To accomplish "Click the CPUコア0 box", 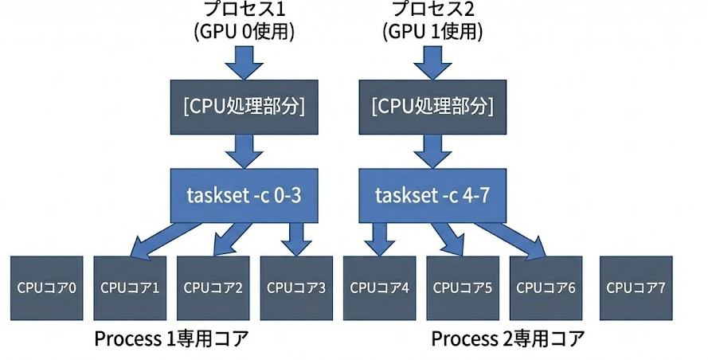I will click(47, 288).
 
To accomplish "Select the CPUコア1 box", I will click(130, 288).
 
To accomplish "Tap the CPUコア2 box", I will click(213, 288).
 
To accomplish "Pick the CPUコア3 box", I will click(296, 288).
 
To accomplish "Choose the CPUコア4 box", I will click(379, 288).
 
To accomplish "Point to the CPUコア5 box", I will click(462, 288).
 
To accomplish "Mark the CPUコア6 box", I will click(546, 288).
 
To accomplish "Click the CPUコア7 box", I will click(636, 288).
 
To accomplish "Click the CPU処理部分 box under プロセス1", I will click(245, 106).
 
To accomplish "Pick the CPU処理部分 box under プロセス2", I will click(432, 106).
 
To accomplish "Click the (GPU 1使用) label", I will click(432, 32).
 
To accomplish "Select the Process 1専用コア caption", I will click(171, 339).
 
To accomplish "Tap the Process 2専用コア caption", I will click(508, 339).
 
